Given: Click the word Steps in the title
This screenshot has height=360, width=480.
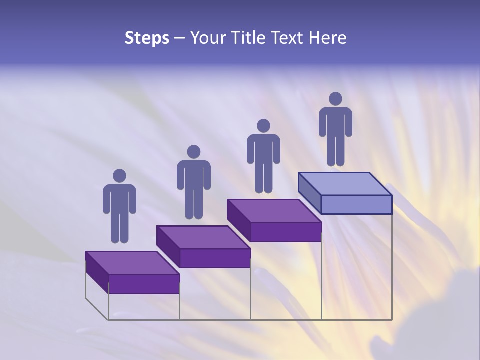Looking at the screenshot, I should pyautogui.click(x=147, y=38).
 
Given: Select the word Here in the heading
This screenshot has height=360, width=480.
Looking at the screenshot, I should pyautogui.click(x=328, y=38).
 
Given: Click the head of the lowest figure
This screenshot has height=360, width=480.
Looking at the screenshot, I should pyautogui.click(x=119, y=176).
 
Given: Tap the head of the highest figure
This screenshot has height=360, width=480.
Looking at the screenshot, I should pyautogui.click(x=335, y=99).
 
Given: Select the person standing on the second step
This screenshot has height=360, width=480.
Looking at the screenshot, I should pyautogui.click(x=193, y=182).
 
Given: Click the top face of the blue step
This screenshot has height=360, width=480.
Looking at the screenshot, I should pyautogui.click(x=345, y=184).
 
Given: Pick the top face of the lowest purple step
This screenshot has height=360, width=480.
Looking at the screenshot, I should pyautogui.click(x=132, y=263).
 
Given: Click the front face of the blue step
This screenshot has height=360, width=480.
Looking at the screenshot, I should pyautogui.click(x=356, y=205).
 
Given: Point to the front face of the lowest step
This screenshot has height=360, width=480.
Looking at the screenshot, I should pyautogui.click(x=144, y=284).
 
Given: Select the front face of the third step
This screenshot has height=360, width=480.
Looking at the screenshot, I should pyautogui.click(x=285, y=232).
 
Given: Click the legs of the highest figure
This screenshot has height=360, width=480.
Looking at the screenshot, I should pyautogui.click(x=335, y=150).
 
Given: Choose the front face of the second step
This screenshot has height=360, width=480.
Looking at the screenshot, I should pyautogui.click(x=215, y=258).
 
